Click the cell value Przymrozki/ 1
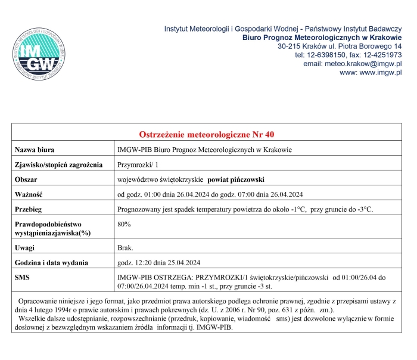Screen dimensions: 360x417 point(138,165)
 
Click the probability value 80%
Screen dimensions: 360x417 point(125,224)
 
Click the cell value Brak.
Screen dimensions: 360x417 point(126,247)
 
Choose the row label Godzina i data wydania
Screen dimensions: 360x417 point(52,262)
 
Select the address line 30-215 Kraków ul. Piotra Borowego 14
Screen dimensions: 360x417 point(340,46)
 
